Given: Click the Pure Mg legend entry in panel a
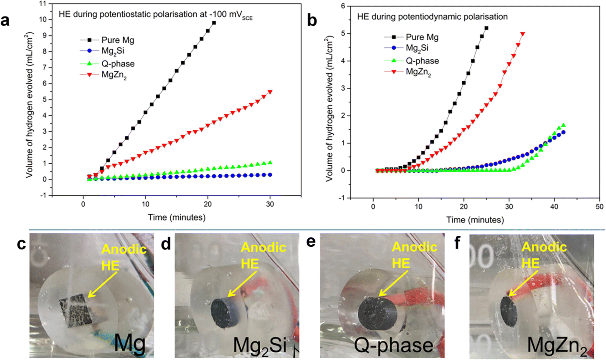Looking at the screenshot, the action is pos(107,40).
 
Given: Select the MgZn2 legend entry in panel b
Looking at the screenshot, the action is pos(407,72).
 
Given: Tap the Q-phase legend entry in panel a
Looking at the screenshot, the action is pos(107,64).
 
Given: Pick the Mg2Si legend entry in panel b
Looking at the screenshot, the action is pos(406,48).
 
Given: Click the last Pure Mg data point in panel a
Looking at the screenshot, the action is pos(214,23).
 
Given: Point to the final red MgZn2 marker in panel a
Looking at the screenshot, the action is pos(270,92).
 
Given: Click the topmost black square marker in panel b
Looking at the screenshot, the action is pos(486,28).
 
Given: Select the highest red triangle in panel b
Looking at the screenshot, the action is pos(522,34).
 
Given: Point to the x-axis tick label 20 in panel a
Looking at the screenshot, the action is pos(208,204).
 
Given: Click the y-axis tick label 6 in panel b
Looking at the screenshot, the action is pos(343,6).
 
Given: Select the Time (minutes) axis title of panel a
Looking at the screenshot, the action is pos(177,217).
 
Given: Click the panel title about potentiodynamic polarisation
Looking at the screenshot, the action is pos(432,17).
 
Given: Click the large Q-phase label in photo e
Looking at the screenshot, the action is pos(393,345).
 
